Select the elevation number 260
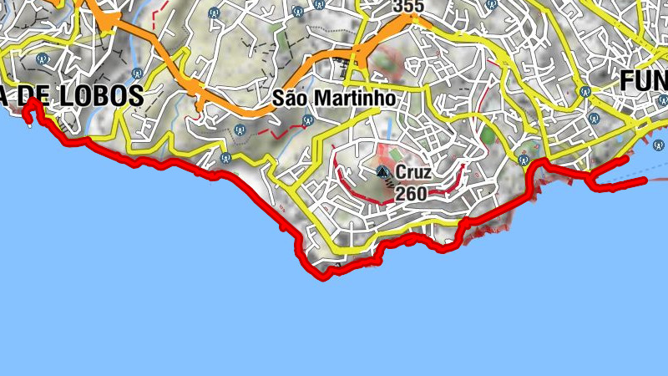pos(412,194)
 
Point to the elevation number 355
pos(408,7)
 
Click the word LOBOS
pos(99,96)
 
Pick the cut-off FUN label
pos(645,80)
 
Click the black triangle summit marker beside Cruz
pos(383,172)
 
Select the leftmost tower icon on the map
pos(42,59)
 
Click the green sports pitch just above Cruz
pos(395,155)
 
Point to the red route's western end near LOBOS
pos(31,101)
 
